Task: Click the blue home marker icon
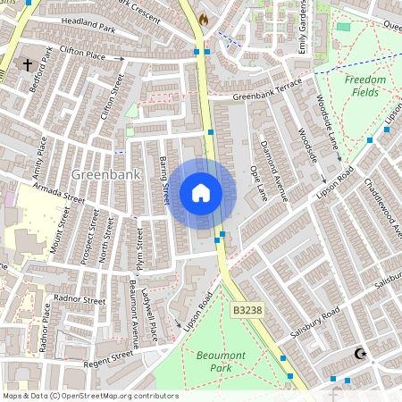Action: coord(201,193)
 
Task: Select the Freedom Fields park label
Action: coord(365,86)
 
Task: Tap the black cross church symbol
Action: coord(28,65)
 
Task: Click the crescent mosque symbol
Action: coord(361,355)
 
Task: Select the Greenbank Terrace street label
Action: coord(267,93)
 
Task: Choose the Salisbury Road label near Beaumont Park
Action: coord(316,325)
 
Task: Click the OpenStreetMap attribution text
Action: coord(90,396)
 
